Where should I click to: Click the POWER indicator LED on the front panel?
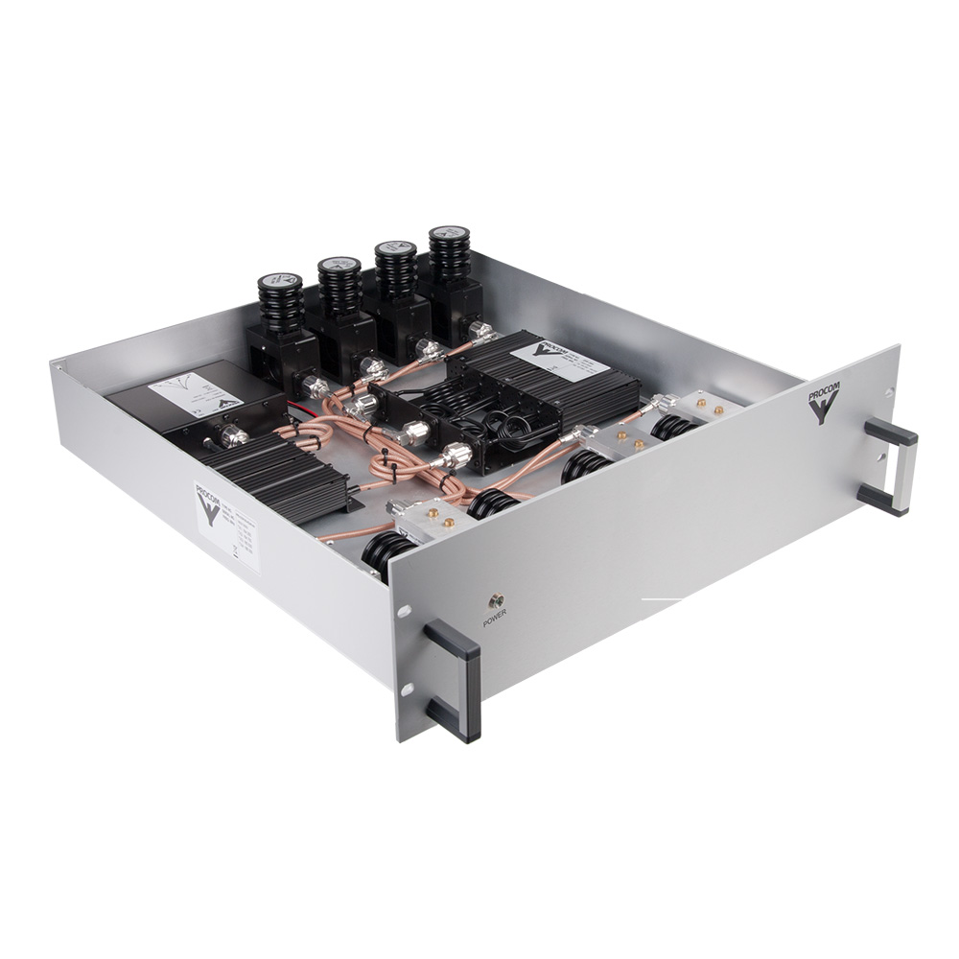click(x=497, y=601)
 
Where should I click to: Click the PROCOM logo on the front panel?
click(x=822, y=401)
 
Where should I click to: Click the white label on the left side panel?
click(x=226, y=524)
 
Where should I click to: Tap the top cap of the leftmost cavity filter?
click(x=280, y=282)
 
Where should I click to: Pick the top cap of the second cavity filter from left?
click(x=339, y=264)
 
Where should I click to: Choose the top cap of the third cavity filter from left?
click(x=394, y=248)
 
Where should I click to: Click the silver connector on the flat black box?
click(x=232, y=437)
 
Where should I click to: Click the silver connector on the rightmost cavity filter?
click(x=480, y=333)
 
